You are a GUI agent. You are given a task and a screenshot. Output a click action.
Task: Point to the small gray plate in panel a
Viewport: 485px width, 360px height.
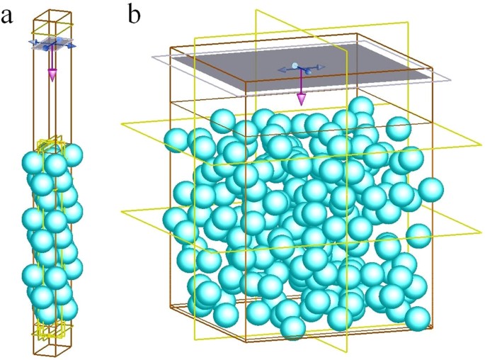pos(52,43)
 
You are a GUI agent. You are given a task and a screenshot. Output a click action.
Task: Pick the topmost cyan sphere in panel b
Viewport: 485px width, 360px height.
pos(361,106)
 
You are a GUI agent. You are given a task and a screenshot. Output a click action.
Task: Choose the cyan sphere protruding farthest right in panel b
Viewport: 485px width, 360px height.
pos(430,189)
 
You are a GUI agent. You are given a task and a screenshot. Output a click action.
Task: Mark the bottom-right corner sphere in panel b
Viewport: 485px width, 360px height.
pos(417,318)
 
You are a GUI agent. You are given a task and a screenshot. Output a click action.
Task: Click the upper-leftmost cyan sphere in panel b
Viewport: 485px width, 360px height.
pos(176,139)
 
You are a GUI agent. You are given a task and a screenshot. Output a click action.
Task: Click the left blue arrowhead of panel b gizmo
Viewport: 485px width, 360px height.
pos(281,69)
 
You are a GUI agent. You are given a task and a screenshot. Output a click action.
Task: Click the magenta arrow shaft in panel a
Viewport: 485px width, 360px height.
pos(52,60)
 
